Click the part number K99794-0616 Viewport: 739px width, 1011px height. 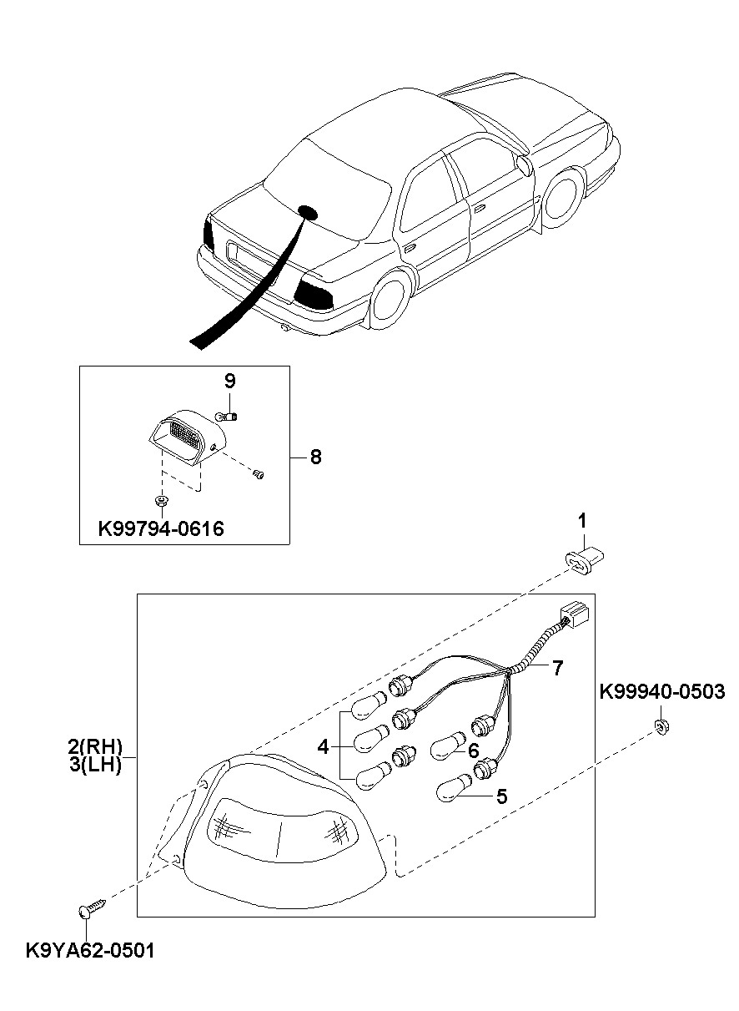(161, 528)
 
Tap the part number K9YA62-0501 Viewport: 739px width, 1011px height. (90, 950)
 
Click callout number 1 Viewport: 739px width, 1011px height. (583, 522)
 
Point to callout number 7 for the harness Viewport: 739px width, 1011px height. (557, 667)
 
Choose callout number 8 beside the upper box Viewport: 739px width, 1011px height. (315, 457)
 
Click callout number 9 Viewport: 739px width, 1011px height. (229, 382)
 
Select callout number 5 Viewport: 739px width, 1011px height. (501, 796)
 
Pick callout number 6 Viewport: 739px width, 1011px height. (472, 751)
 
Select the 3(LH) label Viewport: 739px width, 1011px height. (95, 765)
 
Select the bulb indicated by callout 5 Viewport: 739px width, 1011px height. (454, 788)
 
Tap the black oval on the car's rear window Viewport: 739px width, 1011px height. (308, 212)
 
